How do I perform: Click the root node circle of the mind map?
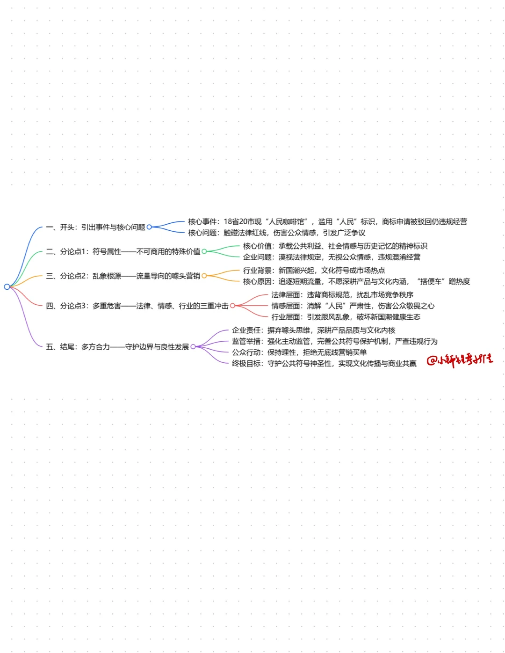tap(7, 286)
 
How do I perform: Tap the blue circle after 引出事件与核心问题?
tap(149, 227)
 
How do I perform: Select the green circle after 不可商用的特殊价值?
tap(204, 251)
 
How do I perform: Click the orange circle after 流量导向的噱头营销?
tap(204, 276)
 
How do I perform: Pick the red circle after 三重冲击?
tap(232, 306)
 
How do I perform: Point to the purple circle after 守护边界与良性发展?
tap(193, 346)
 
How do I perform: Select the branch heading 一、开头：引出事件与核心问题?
tap(95, 227)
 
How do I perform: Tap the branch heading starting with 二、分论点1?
tap(123, 251)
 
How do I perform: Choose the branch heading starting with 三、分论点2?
tap(123, 276)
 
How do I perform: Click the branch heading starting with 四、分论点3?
tap(137, 306)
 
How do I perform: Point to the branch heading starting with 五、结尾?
tap(117, 347)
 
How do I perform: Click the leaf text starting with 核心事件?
tap(327, 222)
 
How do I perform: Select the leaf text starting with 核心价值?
tap(335, 246)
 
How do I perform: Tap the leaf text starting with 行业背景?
tap(314, 271)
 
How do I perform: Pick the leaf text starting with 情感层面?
tap(353, 306)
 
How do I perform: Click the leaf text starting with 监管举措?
tap(335, 341)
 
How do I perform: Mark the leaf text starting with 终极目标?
tap(324, 364)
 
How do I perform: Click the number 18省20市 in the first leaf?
tap(243, 222)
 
